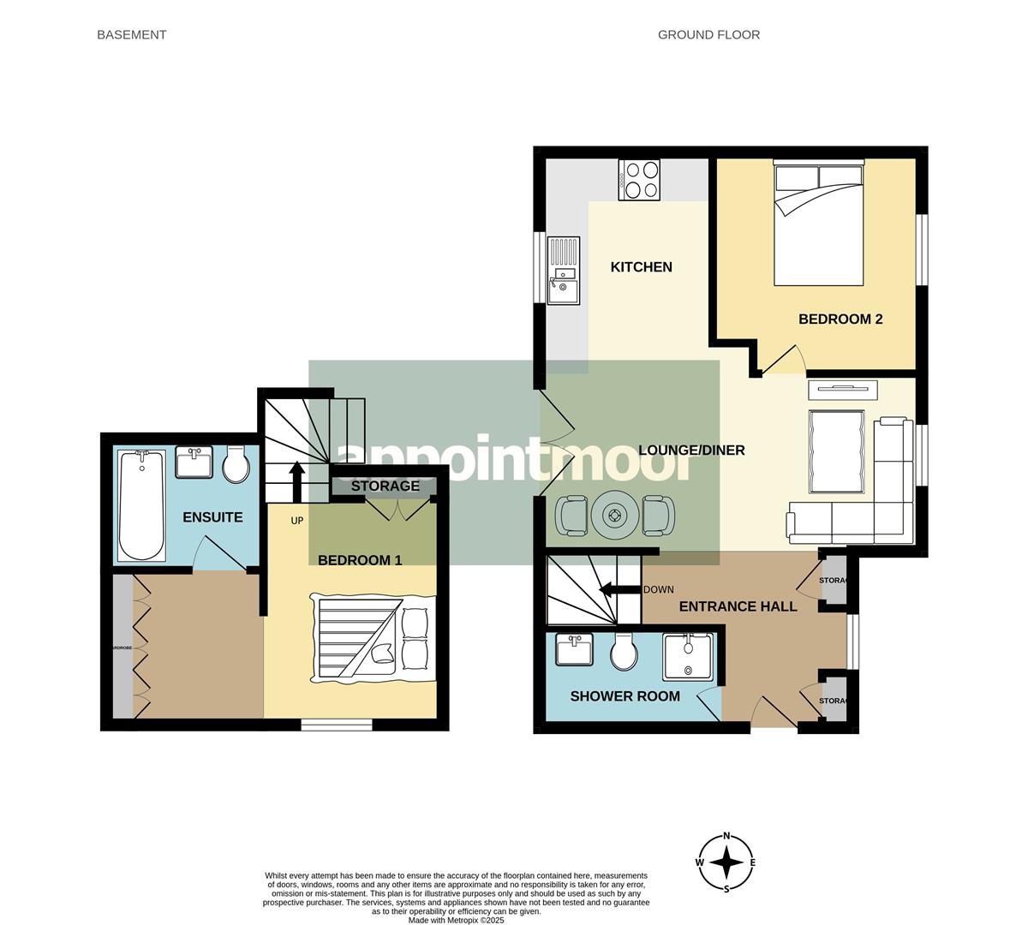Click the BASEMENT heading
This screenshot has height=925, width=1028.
pos(131,35)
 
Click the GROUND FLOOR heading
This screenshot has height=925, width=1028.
pos(708,35)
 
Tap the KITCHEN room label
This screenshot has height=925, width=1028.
pos(641,267)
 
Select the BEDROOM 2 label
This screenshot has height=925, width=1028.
pos(840,319)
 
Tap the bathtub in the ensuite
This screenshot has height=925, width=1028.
pos(141,505)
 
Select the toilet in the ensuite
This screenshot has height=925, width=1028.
pos(236,465)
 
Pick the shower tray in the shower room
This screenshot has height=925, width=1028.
pos(687,657)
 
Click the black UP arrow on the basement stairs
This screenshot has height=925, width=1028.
pos(296,481)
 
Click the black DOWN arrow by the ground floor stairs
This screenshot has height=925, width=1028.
pos(618,589)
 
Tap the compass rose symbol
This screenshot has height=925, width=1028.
pos(726,862)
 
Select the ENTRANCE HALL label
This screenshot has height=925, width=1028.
pos(738,607)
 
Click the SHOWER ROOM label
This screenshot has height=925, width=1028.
pos(625,696)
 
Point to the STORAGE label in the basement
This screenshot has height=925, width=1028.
pos(385,486)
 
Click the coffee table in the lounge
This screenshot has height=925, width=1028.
pos(836,451)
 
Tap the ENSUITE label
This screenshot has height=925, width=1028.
pos(212,517)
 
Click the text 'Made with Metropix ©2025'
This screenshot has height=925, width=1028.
pos(456,921)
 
